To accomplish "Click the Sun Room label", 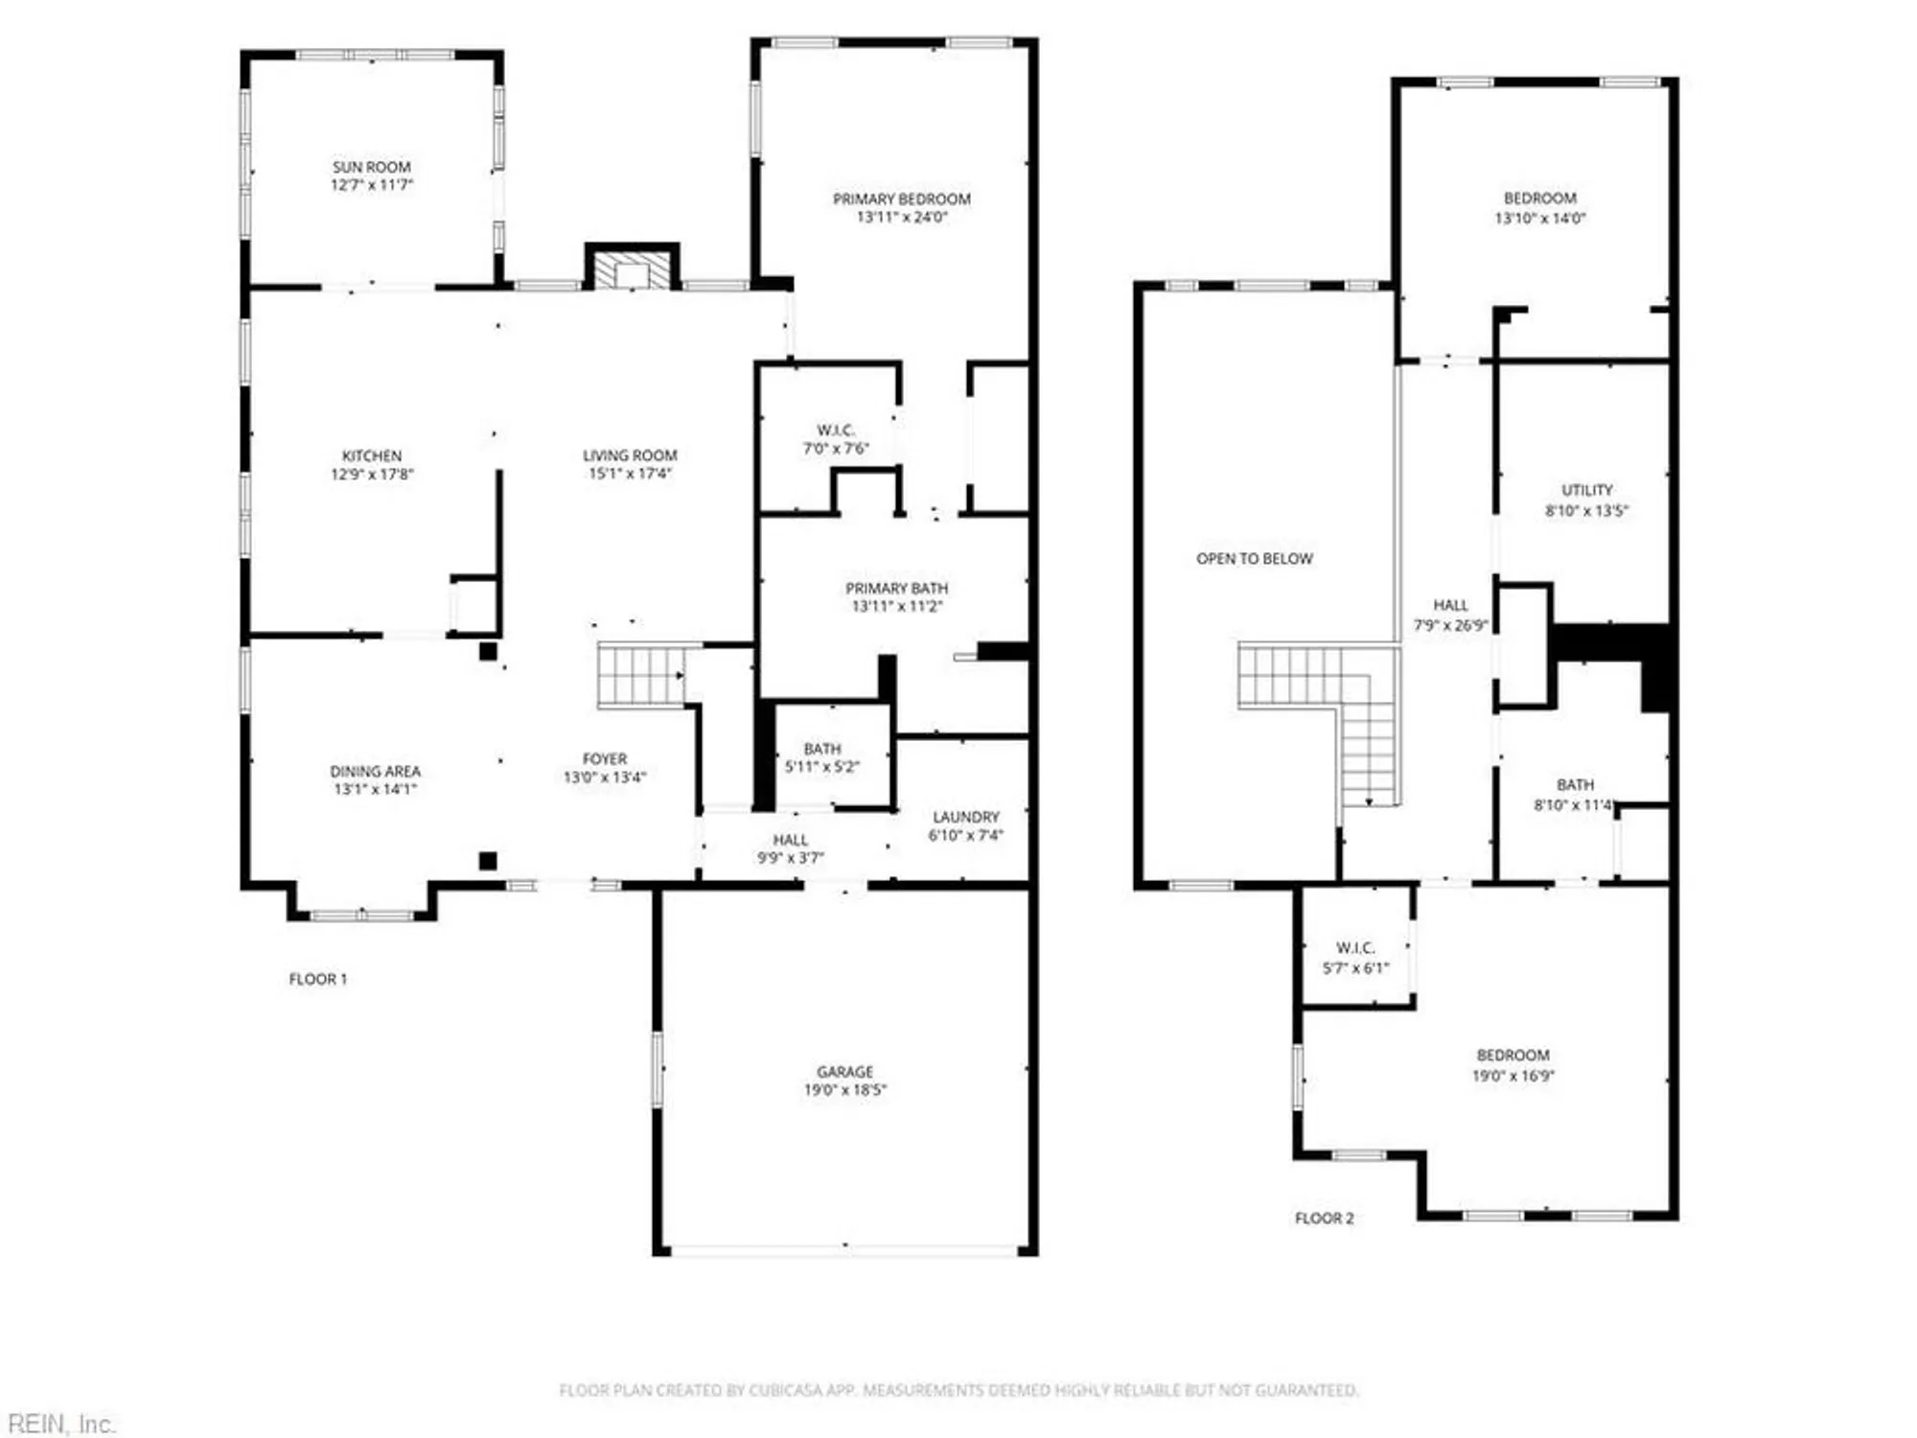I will (x=371, y=168).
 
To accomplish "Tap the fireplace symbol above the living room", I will (x=632, y=269).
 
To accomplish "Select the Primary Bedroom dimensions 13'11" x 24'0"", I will (x=901, y=218).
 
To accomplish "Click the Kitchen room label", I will (x=372, y=456).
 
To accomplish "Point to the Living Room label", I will (x=630, y=456).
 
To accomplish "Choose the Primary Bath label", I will (x=896, y=589).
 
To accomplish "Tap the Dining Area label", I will (x=375, y=772).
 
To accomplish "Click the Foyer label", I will (x=604, y=759).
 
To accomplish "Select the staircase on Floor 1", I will (x=639, y=675).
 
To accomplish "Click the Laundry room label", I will (x=965, y=818).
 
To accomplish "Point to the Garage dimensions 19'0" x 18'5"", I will (x=844, y=1090).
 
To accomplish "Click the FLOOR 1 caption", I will (x=317, y=979).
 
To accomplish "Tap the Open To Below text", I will (x=1254, y=559).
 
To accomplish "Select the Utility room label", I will (x=1586, y=491).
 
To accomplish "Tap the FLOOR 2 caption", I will (x=1324, y=1218).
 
